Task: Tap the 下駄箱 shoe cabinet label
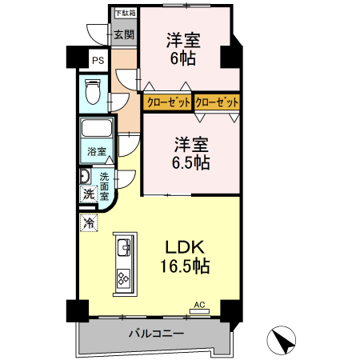pyautogui.click(x=124, y=13)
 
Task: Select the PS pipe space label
pyautogui.click(x=97, y=61)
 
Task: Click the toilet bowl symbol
pyautogui.click(x=91, y=94)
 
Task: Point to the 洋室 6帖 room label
pyautogui.click(x=183, y=48)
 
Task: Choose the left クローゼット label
pyautogui.click(x=168, y=102)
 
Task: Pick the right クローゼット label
pyautogui.click(x=217, y=102)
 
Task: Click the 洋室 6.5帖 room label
pyautogui.click(x=193, y=153)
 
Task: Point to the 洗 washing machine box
pyautogui.click(x=86, y=194)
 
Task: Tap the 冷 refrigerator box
pyautogui.click(x=86, y=224)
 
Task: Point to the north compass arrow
pyautogui.click(x=282, y=342)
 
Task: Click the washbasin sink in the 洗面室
pyautogui.click(x=84, y=176)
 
